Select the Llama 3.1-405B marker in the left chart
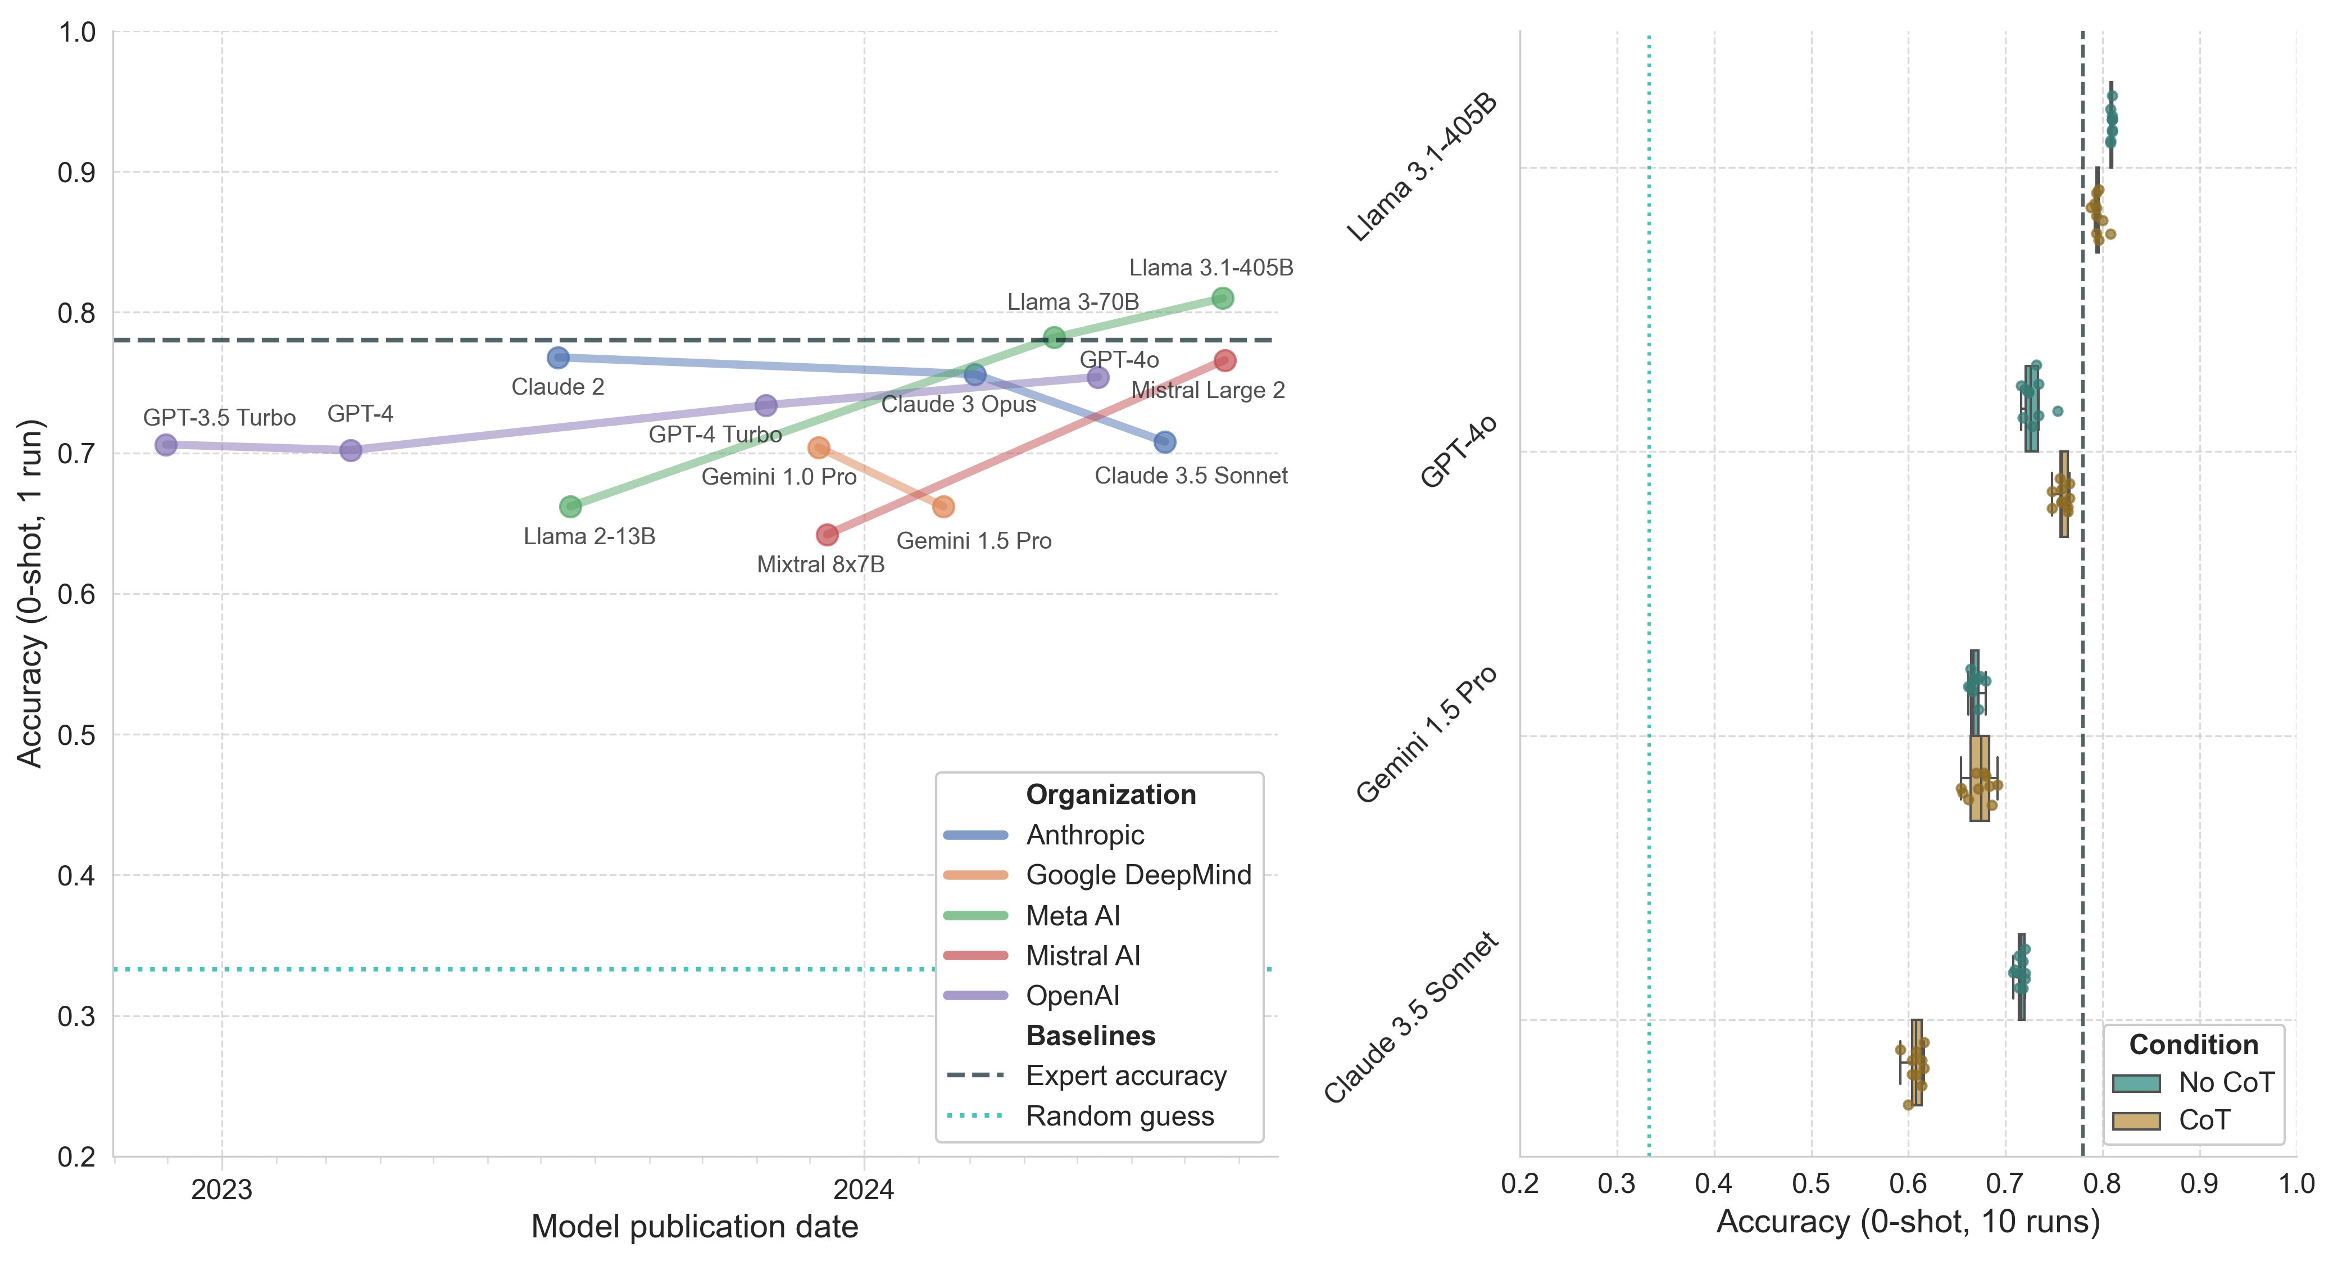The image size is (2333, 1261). tap(1222, 298)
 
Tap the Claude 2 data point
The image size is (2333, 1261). tap(558, 358)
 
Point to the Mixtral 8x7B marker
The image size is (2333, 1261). tap(827, 535)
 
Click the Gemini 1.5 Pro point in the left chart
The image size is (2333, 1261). tap(943, 507)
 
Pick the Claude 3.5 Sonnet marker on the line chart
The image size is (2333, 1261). tap(1165, 442)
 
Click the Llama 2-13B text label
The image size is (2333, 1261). tap(589, 536)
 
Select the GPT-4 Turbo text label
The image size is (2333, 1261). tap(715, 435)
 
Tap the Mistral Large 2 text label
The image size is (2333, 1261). tap(1208, 390)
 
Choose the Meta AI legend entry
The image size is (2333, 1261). tap(1072, 916)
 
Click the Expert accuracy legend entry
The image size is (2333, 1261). tap(1125, 1076)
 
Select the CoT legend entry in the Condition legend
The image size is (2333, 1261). tap(2204, 1120)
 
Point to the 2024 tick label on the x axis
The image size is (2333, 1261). tap(863, 1190)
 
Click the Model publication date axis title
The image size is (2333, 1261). tap(694, 1227)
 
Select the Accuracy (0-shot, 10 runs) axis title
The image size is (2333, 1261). tap(1907, 1222)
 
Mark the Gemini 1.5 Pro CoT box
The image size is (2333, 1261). tap(1980, 778)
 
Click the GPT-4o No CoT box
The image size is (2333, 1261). tap(2031, 409)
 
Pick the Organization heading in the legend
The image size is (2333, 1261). tap(1110, 794)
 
